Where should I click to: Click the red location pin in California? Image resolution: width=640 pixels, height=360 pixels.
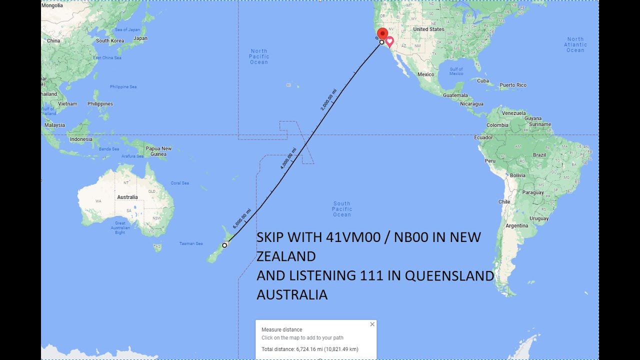click(x=382, y=33)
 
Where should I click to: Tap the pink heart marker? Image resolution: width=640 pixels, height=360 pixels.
click(x=389, y=41)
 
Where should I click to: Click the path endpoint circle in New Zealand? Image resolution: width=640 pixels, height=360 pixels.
click(x=224, y=245)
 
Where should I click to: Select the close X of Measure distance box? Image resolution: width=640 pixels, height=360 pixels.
click(x=372, y=324)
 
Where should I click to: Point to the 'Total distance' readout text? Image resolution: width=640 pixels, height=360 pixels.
click(x=310, y=349)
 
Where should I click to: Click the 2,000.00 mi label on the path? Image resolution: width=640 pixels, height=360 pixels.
click(x=328, y=99)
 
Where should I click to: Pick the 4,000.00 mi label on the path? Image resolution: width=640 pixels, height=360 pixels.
click(x=288, y=158)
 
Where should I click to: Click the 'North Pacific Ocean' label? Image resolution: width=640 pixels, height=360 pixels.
click(x=259, y=56)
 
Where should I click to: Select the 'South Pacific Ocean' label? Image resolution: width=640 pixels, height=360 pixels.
click(x=342, y=209)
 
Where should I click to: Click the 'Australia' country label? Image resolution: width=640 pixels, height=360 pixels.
click(x=127, y=197)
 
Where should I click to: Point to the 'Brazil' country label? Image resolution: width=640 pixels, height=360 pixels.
click(x=539, y=155)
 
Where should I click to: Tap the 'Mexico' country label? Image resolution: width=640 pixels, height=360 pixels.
click(x=425, y=74)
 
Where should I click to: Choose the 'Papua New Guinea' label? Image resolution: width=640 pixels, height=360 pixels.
click(x=158, y=151)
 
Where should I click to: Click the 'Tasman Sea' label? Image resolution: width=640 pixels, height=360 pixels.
click(x=191, y=243)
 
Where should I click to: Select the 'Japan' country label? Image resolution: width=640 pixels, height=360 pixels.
click(x=140, y=38)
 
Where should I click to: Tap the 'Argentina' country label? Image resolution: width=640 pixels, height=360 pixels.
click(x=516, y=226)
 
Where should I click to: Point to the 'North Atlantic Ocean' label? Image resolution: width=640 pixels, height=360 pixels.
click(x=575, y=44)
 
